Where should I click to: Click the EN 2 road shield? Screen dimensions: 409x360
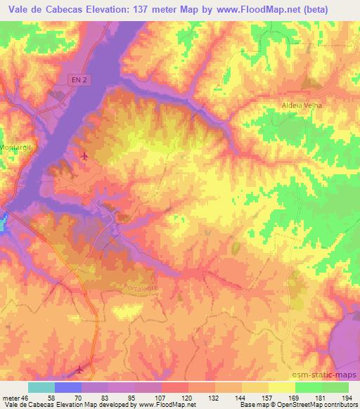pyautogui.click(x=79, y=82)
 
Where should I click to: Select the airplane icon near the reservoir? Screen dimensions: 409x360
pyautogui.click(x=85, y=156)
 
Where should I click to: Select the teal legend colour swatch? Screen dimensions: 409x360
pyautogui.click(x=41, y=387)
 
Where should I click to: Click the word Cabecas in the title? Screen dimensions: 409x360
pyautogui.click(x=63, y=6)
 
